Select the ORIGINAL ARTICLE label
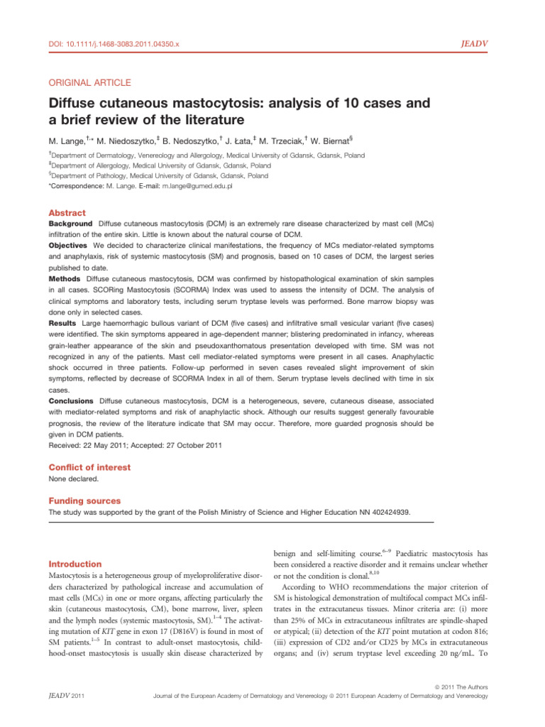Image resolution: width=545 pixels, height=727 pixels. pyautogui.click(x=89, y=83)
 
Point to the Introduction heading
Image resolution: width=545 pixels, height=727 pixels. pyautogui.click(x=75, y=564)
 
